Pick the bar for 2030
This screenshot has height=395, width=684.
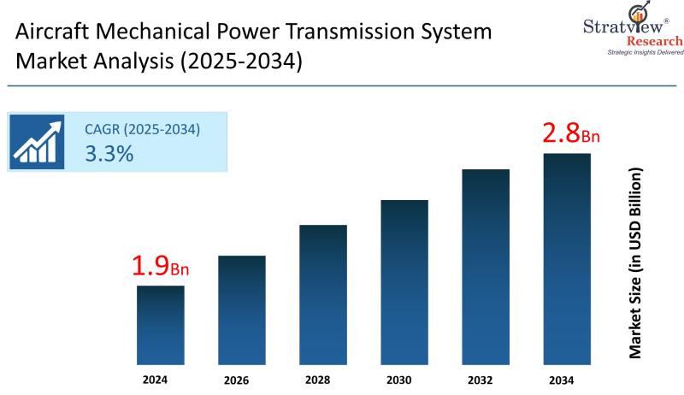click(404, 280)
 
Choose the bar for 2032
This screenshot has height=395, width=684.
click(486, 264)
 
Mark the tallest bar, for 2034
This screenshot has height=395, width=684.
click(567, 256)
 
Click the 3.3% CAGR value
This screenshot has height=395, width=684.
click(109, 154)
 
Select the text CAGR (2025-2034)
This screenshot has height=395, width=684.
click(142, 130)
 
